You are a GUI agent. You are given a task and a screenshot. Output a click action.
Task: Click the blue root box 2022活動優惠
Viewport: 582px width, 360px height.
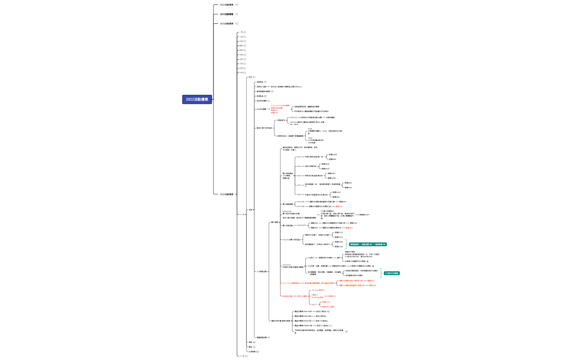(x=197, y=99)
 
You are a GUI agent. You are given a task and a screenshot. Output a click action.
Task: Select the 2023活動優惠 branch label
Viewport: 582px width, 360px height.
(x=226, y=14)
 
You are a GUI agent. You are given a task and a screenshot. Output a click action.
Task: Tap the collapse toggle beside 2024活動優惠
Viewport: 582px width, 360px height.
(x=237, y=24)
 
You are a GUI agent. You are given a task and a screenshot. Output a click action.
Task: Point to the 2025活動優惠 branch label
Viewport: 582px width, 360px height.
(x=226, y=194)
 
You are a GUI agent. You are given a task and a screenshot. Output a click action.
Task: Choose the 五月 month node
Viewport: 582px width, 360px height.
(x=241, y=50)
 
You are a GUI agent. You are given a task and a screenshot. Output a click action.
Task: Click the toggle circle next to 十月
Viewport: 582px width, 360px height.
(x=245, y=73)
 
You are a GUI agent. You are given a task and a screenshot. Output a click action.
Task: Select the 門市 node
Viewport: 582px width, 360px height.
(x=250, y=77)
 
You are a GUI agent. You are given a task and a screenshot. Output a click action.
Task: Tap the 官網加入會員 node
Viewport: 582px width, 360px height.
(x=261, y=87)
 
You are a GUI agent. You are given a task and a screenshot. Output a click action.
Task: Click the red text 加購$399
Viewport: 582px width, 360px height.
(x=274, y=113)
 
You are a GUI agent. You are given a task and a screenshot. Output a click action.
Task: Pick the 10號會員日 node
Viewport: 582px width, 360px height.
(x=280, y=120)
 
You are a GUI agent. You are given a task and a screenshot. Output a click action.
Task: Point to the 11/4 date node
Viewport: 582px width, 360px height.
(x=299, y=157)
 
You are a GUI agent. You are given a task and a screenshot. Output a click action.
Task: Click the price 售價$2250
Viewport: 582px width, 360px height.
(x=325, y=169)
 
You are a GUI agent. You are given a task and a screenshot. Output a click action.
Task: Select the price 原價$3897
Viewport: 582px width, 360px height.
(x=331, y=173)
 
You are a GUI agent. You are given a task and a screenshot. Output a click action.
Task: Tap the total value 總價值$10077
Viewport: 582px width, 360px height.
(x=364, y=215)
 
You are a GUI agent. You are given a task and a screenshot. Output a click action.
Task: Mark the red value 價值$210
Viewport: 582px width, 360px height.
(x=349, y=228)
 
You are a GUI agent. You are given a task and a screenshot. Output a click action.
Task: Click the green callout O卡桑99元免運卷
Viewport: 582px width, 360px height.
(x=392, y=273)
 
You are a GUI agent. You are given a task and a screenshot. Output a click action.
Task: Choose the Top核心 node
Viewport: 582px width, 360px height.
(x=311, y=258)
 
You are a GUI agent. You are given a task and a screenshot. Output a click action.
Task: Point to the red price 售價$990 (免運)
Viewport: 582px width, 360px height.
(x=328, y=307)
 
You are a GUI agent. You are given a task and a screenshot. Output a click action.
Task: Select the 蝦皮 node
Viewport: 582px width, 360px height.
(x=250, y=347)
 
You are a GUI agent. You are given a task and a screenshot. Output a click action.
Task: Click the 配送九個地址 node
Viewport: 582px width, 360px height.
(x=321, y=316)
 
